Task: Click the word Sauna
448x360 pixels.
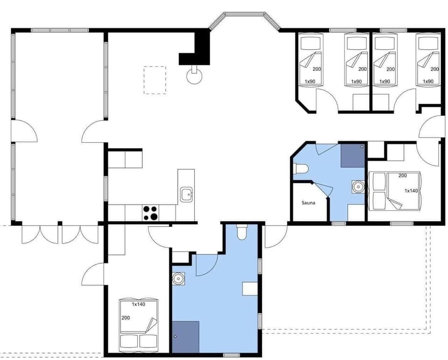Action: click(308, 203)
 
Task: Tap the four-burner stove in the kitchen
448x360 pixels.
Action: click(150, 213)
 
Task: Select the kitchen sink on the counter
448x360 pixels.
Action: click(187, 194)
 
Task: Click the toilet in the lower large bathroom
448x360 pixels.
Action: click(242, 232)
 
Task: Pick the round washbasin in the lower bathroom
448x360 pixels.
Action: click(178, 278)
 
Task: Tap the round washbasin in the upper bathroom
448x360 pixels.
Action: click(358, 187)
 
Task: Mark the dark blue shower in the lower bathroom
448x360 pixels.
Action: click(186, 336)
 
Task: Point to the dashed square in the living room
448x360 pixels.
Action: click(155, 80)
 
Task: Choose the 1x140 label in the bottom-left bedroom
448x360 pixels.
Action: click(139, 304)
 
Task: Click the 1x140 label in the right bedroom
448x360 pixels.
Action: click(411, 191)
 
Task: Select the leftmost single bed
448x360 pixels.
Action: click(310, 59)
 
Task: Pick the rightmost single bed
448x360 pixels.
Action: click(428, 59)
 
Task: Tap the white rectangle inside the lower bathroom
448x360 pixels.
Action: click(250, 289)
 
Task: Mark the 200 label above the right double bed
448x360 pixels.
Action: click(403, 176)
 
